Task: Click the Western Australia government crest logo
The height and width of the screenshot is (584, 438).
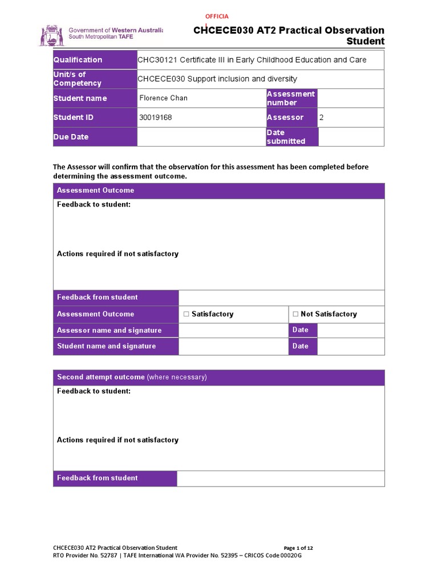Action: [51, 35]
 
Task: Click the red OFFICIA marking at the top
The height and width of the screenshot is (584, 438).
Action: [217, 17]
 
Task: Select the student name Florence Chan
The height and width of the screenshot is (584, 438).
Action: [163, 98]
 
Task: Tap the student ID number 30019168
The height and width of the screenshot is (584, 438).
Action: [155, 117]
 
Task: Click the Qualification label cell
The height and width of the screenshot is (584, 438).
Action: [78, 60]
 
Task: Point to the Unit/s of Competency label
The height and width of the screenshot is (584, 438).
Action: [77, 79]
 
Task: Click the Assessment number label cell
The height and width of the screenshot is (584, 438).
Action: [290, 98]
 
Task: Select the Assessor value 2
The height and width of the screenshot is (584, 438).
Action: [321, 117]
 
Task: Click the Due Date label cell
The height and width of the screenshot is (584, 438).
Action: [71, 137]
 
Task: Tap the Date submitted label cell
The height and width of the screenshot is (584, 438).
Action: [286, 137]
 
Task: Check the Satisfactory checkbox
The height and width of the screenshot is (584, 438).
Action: [186, 314]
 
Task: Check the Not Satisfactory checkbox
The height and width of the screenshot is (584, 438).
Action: [295, 314]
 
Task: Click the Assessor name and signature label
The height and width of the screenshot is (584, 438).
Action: [109, 330]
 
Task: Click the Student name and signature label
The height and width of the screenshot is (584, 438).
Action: [106, 346]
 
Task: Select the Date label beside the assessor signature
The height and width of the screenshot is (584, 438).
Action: [300, 330]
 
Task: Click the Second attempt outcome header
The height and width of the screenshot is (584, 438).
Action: [132, 378]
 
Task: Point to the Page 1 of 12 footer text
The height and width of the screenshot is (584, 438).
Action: [298, 548]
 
